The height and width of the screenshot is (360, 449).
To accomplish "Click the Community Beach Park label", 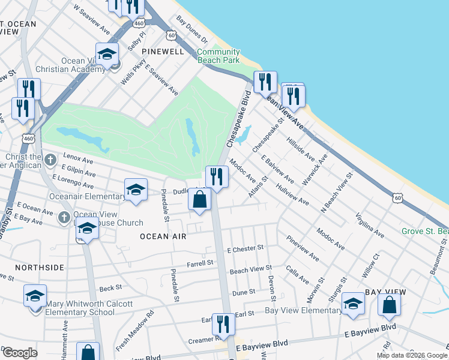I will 218,56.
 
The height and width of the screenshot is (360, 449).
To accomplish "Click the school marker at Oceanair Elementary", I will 136,190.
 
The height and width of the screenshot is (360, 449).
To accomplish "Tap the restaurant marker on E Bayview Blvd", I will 223,325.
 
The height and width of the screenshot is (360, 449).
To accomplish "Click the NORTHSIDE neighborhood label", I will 39,268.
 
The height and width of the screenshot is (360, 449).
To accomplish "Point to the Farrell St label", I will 200,263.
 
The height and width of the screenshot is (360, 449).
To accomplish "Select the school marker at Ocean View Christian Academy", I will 107,53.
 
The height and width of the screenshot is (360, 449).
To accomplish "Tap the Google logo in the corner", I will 19,353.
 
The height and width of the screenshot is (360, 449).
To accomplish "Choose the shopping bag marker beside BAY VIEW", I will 389,305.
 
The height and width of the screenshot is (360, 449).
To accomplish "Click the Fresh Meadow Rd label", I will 135,331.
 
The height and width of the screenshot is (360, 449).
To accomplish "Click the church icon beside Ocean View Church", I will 65,218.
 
